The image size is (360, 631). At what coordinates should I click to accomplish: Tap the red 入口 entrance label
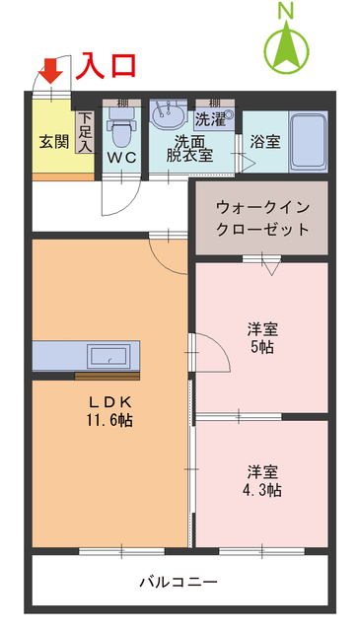[x=106, y=65]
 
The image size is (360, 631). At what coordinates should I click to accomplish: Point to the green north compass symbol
[x=287, y=48]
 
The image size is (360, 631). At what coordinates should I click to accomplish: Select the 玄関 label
[x=54, y=141]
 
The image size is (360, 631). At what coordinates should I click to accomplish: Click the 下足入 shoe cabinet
[x=85, y=132]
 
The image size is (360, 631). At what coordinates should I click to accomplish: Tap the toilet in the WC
[x=121, y=127]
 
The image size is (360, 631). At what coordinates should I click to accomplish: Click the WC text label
[x=122, y=158]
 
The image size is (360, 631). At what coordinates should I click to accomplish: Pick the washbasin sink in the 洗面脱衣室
[x=168, y=114]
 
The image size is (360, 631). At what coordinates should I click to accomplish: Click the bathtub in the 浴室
[x=308, y=142]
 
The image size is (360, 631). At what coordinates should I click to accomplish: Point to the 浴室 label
[x=265, y=142]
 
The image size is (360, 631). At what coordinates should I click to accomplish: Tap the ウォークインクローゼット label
[x=262, y=219]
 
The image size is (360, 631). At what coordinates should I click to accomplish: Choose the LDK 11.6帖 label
[x=109, y=410]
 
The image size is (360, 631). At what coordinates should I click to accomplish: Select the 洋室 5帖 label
[x=262, y=337]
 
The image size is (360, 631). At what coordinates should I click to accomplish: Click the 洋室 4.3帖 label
[x=262, y=480]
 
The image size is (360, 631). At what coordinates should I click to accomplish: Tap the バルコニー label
[x=179, y=582]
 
